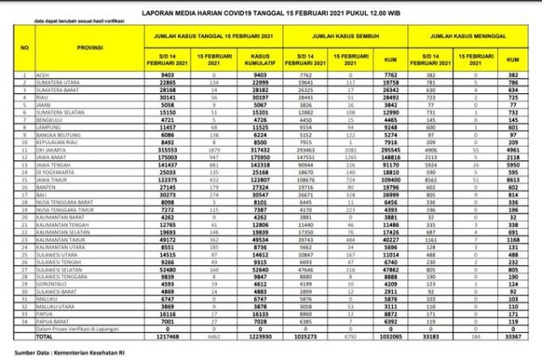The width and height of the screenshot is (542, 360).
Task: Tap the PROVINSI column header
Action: tap(79, 51)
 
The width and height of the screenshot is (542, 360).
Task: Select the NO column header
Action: tap(25, 51)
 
